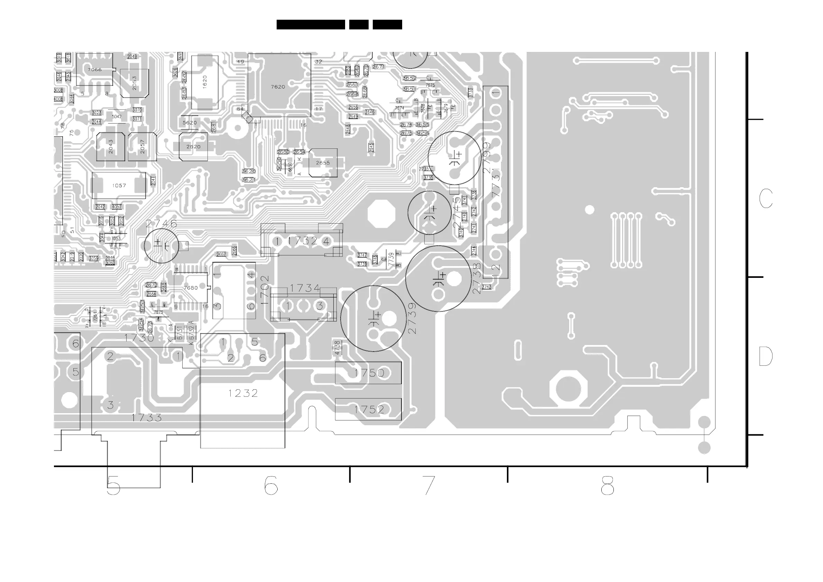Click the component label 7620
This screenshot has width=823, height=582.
coord(278,87)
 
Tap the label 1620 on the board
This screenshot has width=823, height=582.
coord(205,82)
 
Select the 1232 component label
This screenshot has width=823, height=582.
coord(243,393)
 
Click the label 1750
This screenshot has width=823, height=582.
coord(369,373)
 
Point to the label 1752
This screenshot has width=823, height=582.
coord(369,410)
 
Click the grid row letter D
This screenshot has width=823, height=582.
coord(766,356)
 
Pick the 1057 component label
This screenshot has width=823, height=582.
coord(119,185)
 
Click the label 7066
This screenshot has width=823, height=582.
coord(95,70)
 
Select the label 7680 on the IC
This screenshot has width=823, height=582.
coord(190,288)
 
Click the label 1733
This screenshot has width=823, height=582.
coord(147,417)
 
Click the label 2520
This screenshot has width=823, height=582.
coord(193,147)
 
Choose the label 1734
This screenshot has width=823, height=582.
coord(305,288)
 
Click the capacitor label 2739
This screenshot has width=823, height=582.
coord(412,318)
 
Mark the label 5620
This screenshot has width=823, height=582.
coord(189,122)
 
